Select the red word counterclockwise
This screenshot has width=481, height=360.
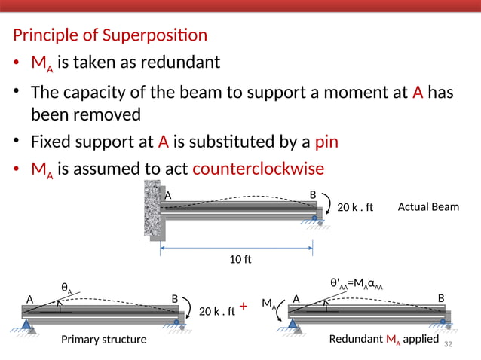pos(258,168)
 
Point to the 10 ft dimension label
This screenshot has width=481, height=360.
pos(240,260)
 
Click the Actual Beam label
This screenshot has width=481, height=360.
pos(427,206)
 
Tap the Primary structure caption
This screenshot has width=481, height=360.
pos(103,340)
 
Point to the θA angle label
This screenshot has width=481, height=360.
pos(66,287)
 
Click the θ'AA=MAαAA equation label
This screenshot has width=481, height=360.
pos(357,284)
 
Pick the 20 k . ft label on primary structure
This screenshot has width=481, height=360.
pos(217,309)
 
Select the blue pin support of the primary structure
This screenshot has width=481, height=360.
pos(28,325)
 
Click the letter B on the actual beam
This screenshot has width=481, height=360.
pos(313,195)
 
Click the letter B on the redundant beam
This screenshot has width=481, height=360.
pos(441,298)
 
